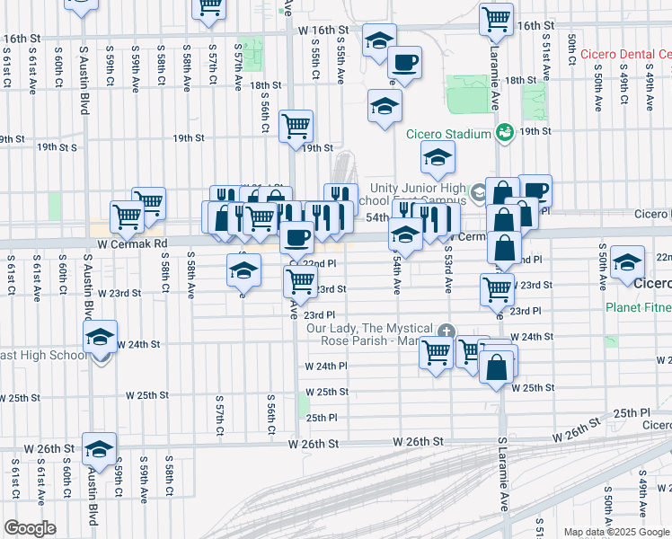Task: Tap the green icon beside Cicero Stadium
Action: point(504,134)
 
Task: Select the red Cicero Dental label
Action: point(626,54)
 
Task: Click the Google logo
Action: point(30,528)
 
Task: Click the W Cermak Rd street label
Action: point(133,243)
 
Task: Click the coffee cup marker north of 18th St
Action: point(403,63)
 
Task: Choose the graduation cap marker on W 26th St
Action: point(99,447)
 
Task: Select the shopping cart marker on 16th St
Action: point(496,17)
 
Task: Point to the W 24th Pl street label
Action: point(325,367)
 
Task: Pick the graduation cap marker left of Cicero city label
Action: point(626,262)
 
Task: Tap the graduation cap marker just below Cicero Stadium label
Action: point(437,158)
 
